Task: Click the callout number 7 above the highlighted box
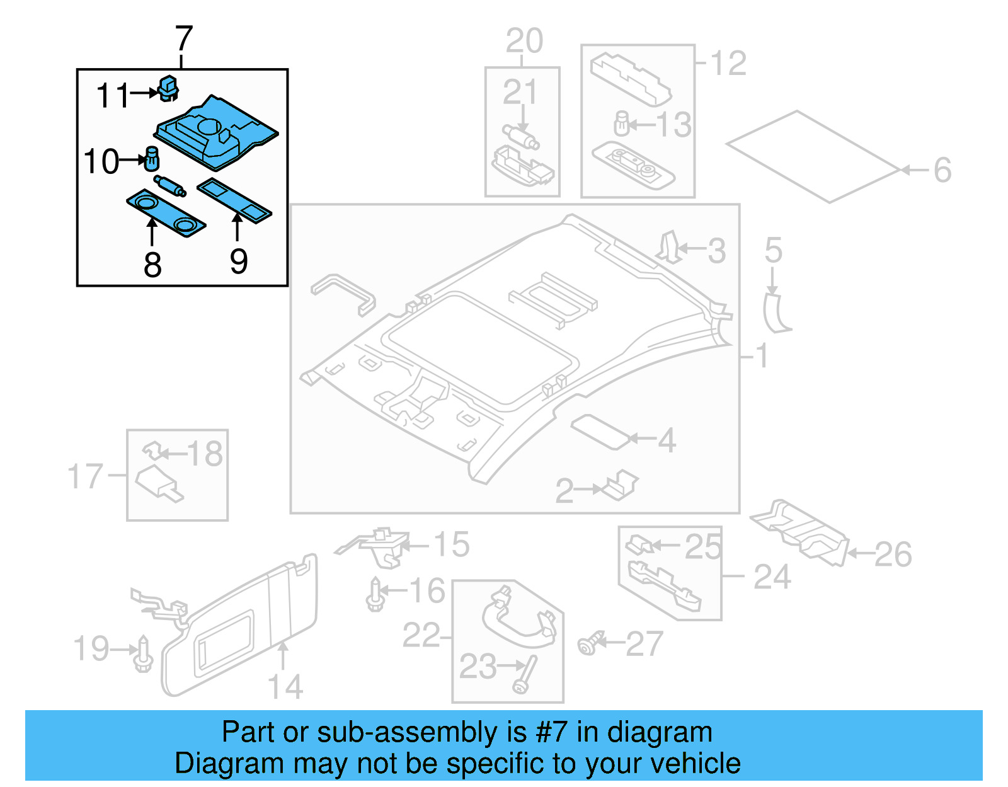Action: tap(183, 39)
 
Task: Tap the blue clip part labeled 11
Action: tap(168, 89)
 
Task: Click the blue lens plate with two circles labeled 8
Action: tap(166, 214)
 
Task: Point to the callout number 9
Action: tap(238, 261)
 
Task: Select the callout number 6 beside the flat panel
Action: tap(942, 170)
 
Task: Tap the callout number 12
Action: tap(728, 63)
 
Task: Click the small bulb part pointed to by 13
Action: tap(622, 124)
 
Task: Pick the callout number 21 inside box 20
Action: tap(520, 93)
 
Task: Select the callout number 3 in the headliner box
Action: tap(716, 251)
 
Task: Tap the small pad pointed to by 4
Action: tap(600, 432)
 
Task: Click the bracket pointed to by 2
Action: tap(621, 486)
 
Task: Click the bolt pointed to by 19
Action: tap(144, 655)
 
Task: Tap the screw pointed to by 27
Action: tap(589, 643)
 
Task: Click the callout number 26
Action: tap(893, 554)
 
